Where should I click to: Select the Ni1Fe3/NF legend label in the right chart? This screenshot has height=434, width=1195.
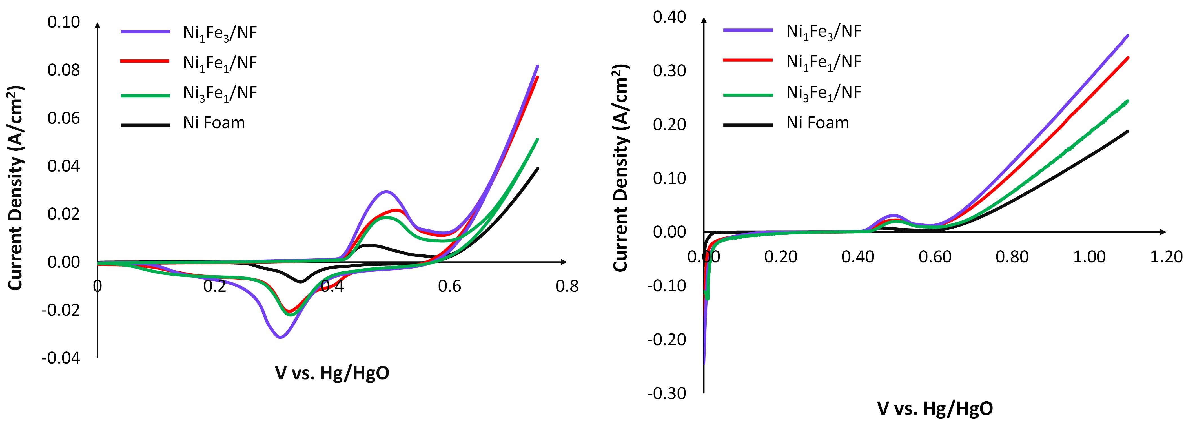[823, 32]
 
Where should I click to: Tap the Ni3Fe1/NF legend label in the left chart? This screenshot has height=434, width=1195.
[220, 93]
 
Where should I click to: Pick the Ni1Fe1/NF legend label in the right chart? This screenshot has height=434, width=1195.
[823, 62]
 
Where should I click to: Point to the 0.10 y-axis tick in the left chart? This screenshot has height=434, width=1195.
[64, 22]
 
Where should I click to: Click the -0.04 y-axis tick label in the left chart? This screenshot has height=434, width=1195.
[61, 358]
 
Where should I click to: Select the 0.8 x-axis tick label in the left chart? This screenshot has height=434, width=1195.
[567, 286]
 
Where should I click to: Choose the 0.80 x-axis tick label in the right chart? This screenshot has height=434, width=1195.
[1012, 257]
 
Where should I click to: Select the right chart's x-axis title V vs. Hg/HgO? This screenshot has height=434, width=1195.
[935, 408]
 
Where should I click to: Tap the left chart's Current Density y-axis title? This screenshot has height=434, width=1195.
[15, 188]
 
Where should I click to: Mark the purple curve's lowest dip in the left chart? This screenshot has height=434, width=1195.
[280, 337]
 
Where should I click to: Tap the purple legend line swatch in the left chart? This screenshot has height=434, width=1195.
[145, 32]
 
